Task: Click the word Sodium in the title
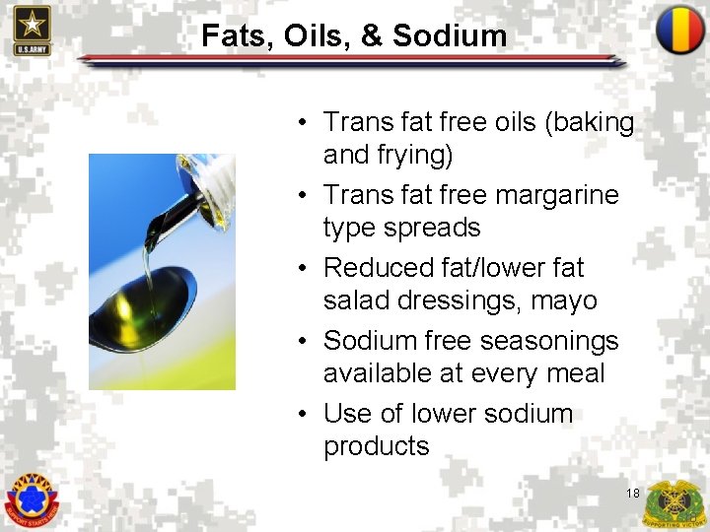point(450,36)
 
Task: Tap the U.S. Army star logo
point(32,30)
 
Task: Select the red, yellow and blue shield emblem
point(679,31)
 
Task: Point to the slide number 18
point(632,493)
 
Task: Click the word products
point(377,446)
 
